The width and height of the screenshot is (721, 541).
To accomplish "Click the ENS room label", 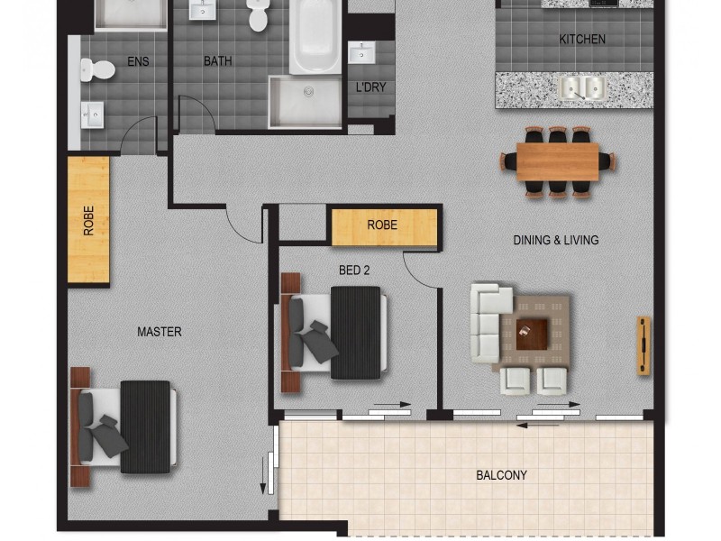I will click(x=138, y=62).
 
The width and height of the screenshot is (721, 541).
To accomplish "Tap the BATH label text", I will click(x=217, y=61).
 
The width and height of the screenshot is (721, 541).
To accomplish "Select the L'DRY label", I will click(x=370, y=87).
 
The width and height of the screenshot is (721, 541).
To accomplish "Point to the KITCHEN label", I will click(x=581, y=40).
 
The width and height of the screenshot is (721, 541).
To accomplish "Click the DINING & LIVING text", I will click(x=555, y=241).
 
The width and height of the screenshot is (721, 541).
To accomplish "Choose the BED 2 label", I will click(x=354, y=270).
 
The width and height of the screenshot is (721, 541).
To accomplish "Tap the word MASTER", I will click(x=159, y=332).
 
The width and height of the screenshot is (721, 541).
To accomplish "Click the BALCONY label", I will click(x=501, y=475).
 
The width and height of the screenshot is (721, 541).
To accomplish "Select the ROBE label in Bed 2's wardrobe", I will click(x=382, y=225).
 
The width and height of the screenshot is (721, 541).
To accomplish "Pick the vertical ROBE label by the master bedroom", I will click(x=88, y=221).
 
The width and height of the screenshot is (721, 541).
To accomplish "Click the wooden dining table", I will click(x=558, y=161).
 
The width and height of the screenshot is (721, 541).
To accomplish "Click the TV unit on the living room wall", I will click(x=643, y=344).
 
